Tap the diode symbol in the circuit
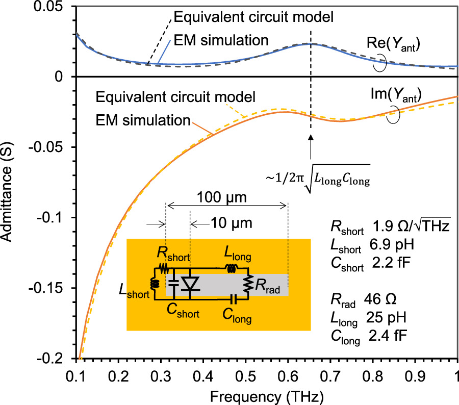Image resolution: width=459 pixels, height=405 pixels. pyautogui.click(x=191, y=287)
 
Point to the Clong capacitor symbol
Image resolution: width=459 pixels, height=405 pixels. pyautogui.click(x=233, y=296)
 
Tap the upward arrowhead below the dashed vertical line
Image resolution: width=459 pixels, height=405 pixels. pyautogui.click(x=310, y=137)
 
